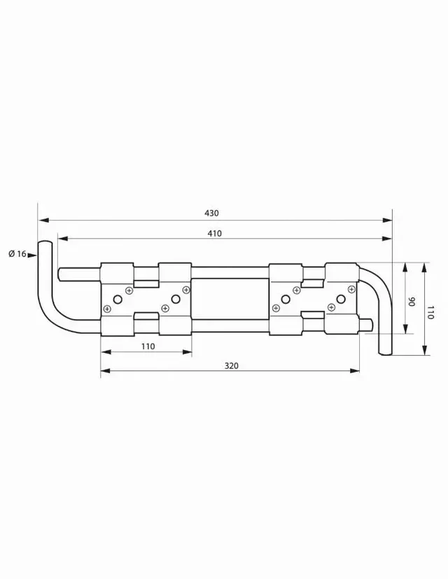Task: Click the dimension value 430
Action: [211, 213]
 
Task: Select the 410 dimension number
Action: [214, 234]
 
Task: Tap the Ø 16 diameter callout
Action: [17, 253]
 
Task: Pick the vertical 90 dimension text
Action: [412, 302]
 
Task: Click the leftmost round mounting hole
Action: [118, 300]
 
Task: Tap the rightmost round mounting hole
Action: [340, 300]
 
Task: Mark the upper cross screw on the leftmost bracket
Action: [129, 290]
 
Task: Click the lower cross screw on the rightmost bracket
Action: [330, 306]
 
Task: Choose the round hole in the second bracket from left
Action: [175, 300]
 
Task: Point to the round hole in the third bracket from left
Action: [285, 300]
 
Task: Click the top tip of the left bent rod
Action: [45, 242]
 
